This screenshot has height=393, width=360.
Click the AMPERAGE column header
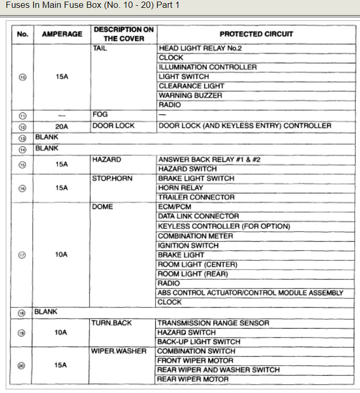pyautogui.click(x=62, y=34)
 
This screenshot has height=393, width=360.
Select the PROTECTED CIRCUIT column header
pyautogui.click(x=256, y=34)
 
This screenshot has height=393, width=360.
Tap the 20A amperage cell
pyautogui.click(x=62, y=126)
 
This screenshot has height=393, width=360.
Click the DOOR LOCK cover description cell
pyautogui.click(x=113, y=125)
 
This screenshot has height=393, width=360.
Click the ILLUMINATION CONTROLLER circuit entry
pyautogui.click(x=207, y=67)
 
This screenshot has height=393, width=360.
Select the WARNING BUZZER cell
pyautogui.click(x=190, y=95)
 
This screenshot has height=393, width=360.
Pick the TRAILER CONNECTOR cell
pyautogui.click(x=196, y=197)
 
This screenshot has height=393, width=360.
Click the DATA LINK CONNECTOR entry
pyautogui.click(x=198, y=216)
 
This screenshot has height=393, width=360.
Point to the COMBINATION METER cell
pyautogui.click(x=195, y=236)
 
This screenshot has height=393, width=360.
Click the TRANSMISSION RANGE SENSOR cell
pyautogui.click(x=213, y=323)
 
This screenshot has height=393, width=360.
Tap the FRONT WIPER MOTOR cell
pyautogui.click(x=195, y=361)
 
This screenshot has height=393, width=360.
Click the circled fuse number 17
pyautogui.click(x=22, y=255)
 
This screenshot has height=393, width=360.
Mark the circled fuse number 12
pyautogui.click(x=22, y=126)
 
